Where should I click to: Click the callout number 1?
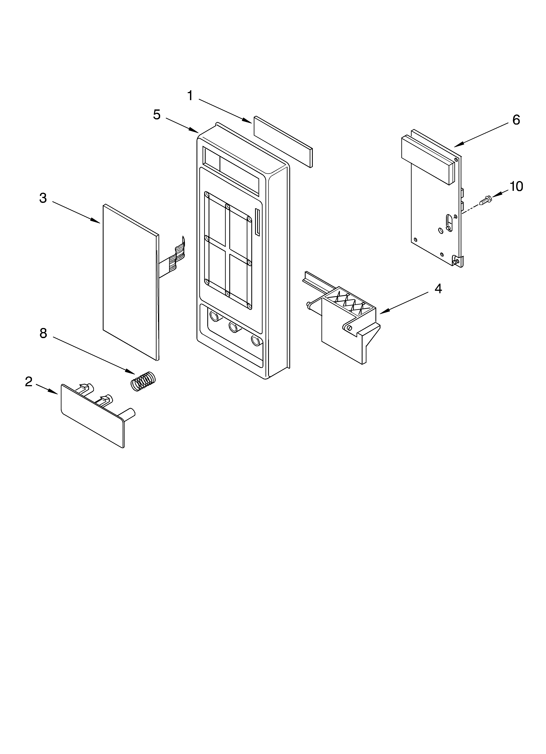(190, 96)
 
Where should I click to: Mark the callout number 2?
(29, 382)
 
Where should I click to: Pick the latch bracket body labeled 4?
(342, 336)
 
